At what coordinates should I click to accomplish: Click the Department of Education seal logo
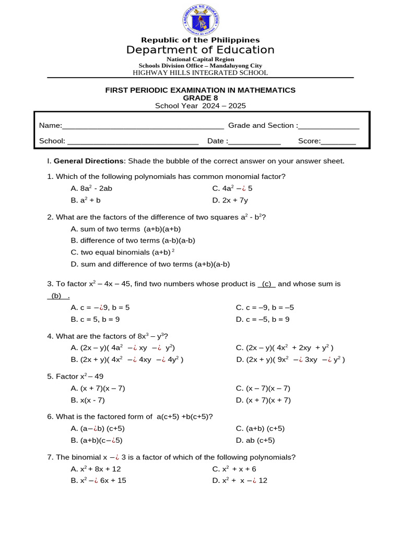(x=200, y=21)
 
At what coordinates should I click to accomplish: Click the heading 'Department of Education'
(x=200, y=50)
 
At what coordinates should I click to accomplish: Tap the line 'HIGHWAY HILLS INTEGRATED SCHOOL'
(x=200, y=73)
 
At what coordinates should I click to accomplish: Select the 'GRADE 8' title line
(x=200, y=98)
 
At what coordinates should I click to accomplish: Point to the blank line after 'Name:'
(x=143, y=126)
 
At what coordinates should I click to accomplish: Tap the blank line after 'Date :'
(x=255, y=141)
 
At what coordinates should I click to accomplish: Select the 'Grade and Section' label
(x=261, y=125)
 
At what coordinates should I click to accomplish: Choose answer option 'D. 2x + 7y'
(x=230, y=200)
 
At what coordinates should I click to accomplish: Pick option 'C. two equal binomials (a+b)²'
(x=122, y=252)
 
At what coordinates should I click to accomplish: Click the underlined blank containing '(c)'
(x=267, y=284)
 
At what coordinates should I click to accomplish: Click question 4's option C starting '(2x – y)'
(x=285, y=348)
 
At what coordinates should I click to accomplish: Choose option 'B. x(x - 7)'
(x=88, y=400)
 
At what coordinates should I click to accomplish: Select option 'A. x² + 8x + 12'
(x=96, y=469)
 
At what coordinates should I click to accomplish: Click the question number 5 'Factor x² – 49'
(x=69, y=376)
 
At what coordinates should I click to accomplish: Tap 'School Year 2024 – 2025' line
(x=200, y=105)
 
